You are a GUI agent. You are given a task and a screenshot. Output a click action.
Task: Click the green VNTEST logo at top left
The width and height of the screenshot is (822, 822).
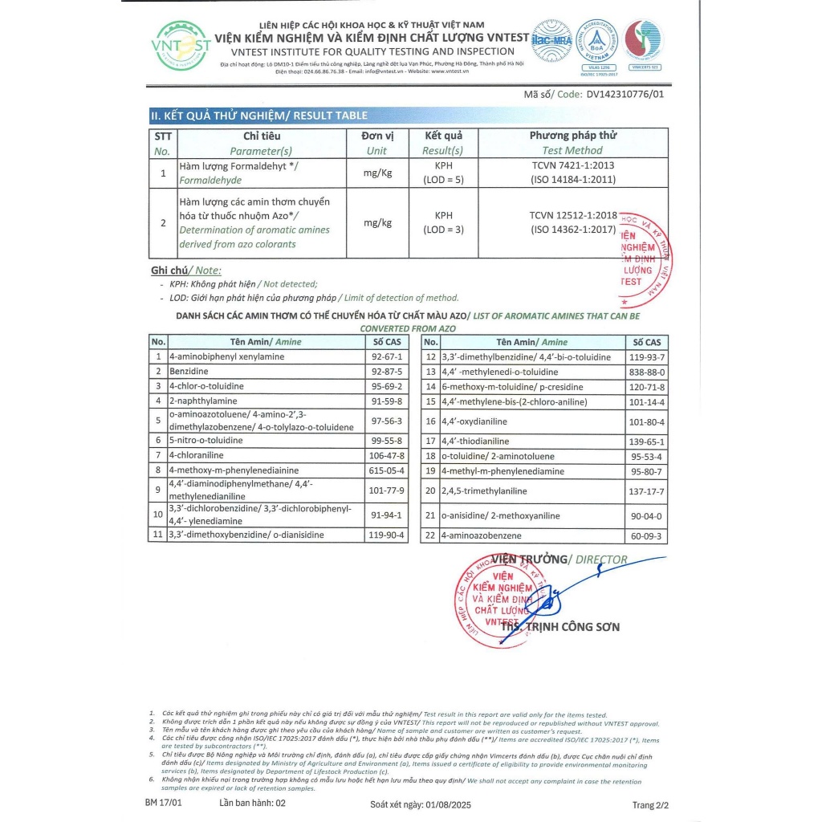tap(181, 47)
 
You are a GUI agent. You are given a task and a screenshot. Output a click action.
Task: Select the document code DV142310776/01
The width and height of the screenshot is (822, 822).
tap(625, 94)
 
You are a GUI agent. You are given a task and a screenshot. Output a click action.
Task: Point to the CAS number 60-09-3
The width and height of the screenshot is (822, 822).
tap(646, 535)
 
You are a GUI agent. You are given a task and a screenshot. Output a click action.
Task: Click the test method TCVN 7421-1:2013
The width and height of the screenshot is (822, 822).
tap(572, 165)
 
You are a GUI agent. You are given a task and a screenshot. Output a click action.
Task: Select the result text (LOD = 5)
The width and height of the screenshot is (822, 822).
tap(443, 180)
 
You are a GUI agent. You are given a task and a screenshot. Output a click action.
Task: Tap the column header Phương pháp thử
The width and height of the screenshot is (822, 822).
tap(572, 136)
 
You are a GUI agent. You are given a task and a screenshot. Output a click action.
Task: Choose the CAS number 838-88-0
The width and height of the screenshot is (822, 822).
tap(646, 372)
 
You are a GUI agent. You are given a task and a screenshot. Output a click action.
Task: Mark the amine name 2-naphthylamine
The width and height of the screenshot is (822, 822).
tap(203, 401)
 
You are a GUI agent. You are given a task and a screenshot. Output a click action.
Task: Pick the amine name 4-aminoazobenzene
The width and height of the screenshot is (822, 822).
tap(481, 535)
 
